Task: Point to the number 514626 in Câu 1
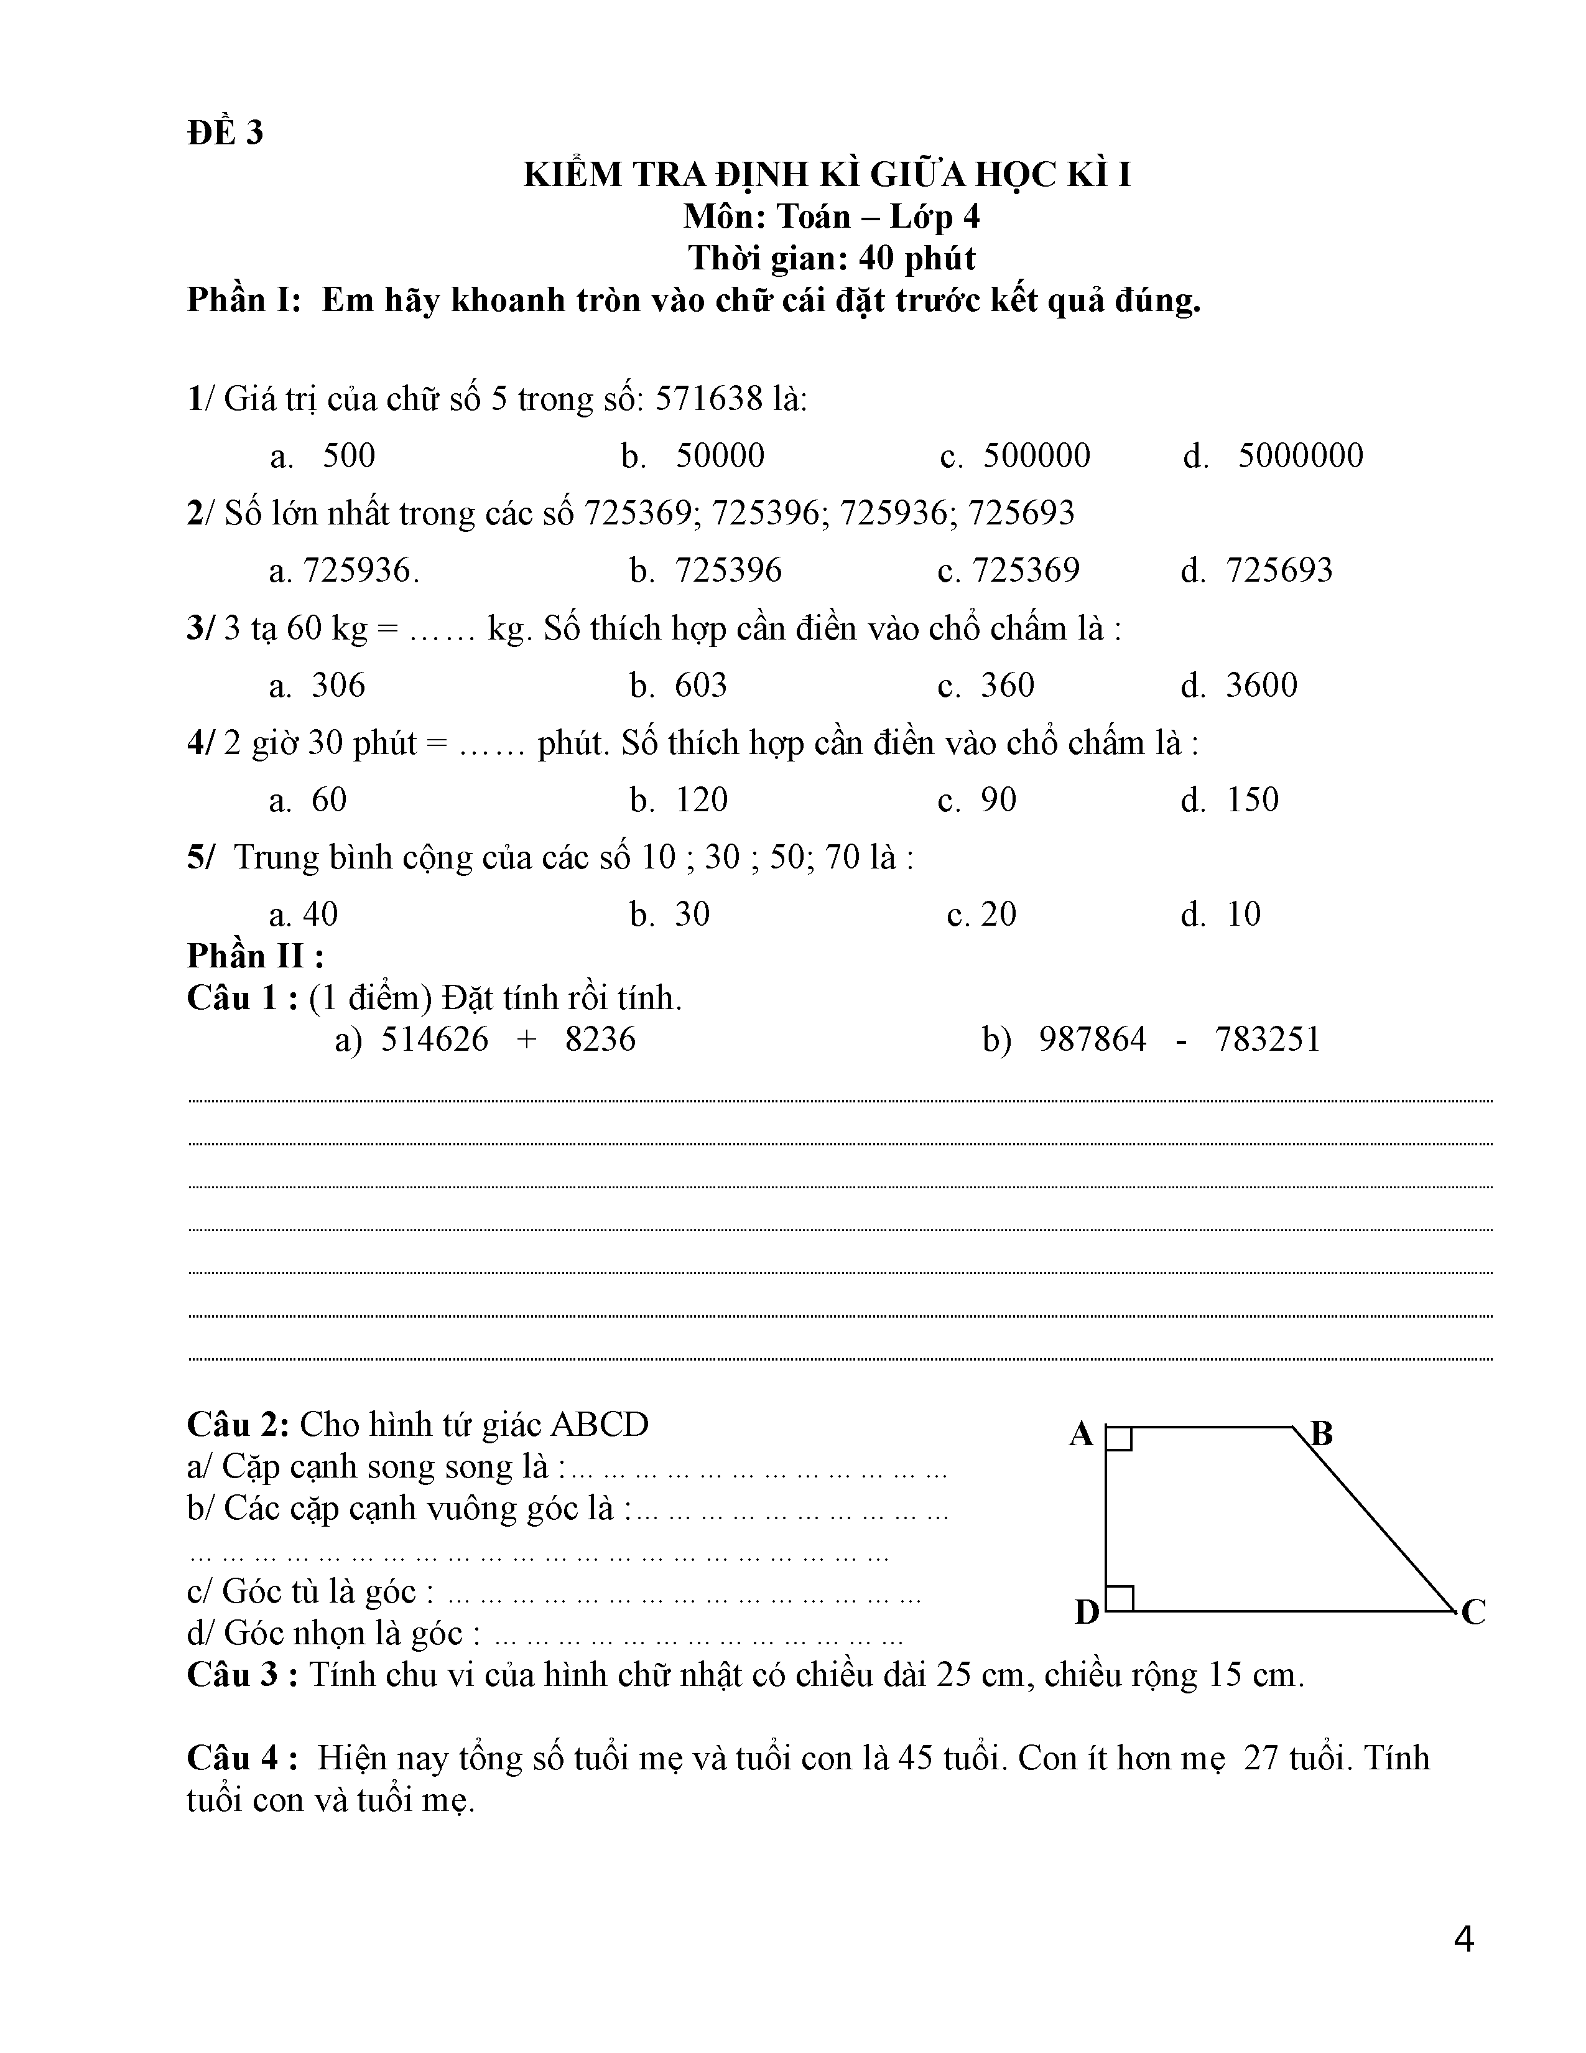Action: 434,1040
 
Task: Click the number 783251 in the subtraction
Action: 1268,1040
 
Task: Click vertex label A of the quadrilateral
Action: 1082,1435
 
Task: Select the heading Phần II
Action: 256,957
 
